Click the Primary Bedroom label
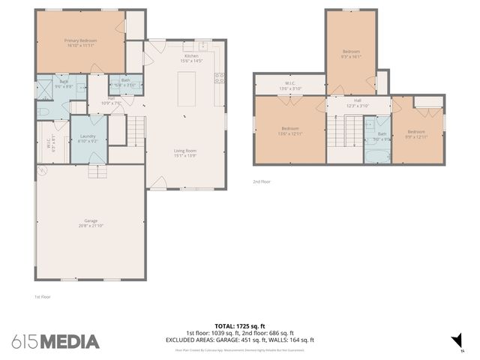pyautogui.click(x=79, y=42)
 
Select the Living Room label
pyautogui.click(x=185, y=153)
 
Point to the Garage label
pyautogui.click(x=91, y=223)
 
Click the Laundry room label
pyautogui.click(x=88, y=138)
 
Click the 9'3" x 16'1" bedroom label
pyautogui.click(x=351, y=53)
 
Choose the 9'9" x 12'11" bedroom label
pyautogui.click(x=416, y=133)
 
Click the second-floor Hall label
pyautogui.click(x=358, y=103)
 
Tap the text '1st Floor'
pyautogui.click(x=43, y=297)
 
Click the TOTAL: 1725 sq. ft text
pyautogui.click(x=239, y=326)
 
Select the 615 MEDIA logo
pyautogui.click(x=55, y=340)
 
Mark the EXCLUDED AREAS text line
pyautogui.click(x=239, y=340)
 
